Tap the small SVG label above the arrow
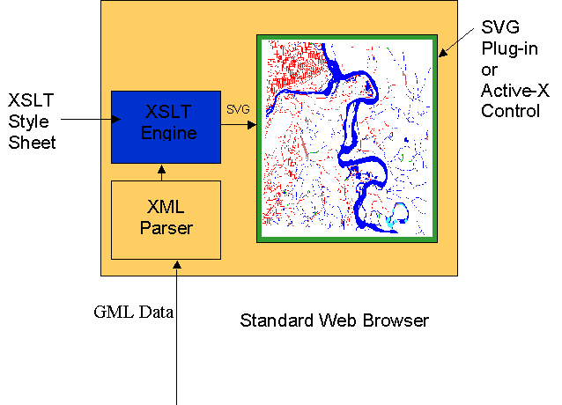238,109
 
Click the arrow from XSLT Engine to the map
237,125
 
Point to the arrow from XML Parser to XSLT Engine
160,172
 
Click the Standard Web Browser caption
334,320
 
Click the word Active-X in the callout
514,91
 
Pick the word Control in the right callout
511,112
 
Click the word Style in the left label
28,120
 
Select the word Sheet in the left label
33,142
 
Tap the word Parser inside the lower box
166,228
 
